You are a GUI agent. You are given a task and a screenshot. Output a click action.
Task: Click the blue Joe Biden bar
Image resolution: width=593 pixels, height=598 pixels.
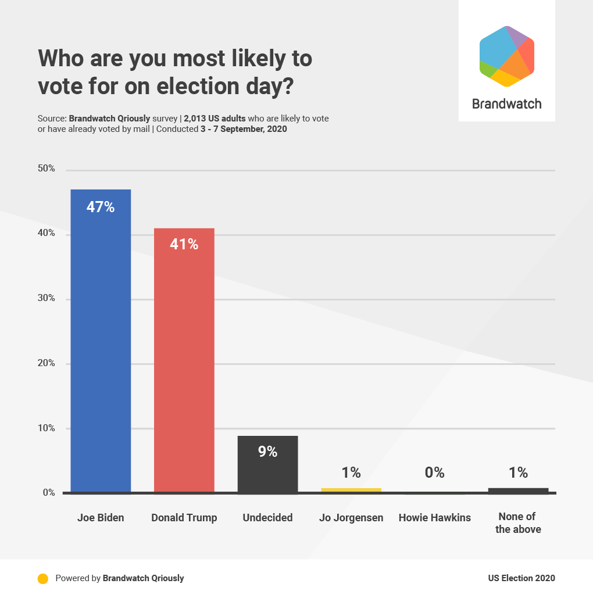click(101, 349)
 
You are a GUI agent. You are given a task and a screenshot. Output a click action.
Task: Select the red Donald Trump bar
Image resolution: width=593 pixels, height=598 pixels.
click(184, 366)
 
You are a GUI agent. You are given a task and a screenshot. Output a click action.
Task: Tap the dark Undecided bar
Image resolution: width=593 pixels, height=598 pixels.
click(267, 471)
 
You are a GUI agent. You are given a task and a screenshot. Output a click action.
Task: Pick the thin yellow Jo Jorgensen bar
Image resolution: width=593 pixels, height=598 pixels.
click(351, 490)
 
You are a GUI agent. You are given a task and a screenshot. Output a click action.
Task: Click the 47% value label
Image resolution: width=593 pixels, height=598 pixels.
click(101, 207)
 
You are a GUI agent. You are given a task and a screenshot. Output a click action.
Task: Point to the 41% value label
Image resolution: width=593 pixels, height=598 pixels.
click(184, 245)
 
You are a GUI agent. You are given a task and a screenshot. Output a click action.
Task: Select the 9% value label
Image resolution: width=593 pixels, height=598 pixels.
click(267, 452)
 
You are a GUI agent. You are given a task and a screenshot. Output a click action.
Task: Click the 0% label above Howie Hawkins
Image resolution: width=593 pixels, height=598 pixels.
click(434, 472)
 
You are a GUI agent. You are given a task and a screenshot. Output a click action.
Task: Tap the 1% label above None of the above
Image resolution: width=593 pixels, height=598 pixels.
click(518, 472)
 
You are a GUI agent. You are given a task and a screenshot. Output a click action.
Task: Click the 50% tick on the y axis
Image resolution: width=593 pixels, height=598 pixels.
click(47, 169)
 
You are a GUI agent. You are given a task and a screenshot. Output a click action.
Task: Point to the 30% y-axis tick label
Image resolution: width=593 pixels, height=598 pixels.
click(47, 298)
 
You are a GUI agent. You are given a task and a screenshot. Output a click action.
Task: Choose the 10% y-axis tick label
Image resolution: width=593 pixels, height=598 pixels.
click(47, 428)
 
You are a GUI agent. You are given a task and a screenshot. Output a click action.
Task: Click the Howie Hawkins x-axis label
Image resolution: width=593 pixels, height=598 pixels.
click(434, 518)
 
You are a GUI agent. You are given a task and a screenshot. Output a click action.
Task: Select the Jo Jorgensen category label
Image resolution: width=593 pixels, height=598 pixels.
click(351, 518)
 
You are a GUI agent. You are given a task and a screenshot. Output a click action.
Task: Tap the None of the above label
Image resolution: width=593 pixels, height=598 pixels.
click(518, 523)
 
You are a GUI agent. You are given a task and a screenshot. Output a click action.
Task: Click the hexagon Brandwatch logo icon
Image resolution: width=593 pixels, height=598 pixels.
click(506, 56)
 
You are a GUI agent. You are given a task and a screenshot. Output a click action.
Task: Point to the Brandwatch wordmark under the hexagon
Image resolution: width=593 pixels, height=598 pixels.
click(506, 104)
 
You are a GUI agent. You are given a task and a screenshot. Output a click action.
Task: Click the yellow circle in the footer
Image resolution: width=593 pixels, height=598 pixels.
click(42, 578)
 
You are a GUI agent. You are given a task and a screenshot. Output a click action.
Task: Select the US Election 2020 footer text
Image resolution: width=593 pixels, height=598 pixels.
click(521, 578)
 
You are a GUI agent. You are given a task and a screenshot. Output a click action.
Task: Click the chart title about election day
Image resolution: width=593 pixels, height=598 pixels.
click(174, 72)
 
